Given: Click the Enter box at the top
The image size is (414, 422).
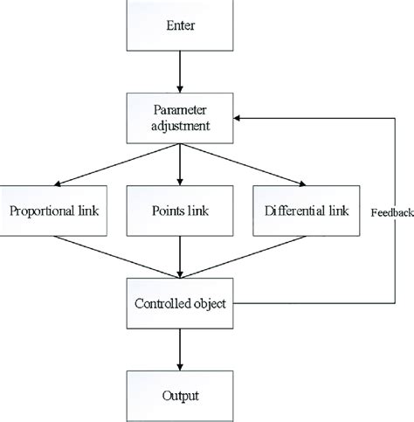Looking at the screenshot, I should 179,25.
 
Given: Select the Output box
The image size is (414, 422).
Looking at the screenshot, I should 179,395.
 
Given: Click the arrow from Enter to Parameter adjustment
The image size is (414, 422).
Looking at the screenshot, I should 179,73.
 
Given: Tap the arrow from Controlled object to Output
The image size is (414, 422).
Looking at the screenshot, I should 179,348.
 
